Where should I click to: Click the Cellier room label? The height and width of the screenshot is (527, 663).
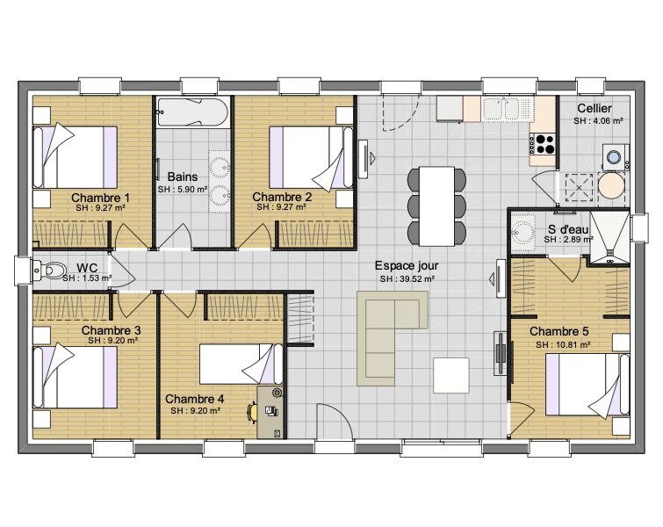[595, 108]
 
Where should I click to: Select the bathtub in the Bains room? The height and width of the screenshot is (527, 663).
[192, 112]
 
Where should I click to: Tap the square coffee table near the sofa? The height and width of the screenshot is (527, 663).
[450, 375]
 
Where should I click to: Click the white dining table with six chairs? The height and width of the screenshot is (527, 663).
[436, 206]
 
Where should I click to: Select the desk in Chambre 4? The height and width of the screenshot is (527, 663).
[270, 412]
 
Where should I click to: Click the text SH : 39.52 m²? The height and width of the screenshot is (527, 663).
[407, 278]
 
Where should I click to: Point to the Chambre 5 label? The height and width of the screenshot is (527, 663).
[559, 331]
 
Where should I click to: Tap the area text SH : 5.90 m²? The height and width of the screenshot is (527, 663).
[183, 190]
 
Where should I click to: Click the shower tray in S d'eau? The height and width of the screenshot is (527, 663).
[609, 237]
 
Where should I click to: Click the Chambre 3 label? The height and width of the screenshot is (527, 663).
[112, 330]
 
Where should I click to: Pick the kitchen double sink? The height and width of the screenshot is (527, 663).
[507, 109]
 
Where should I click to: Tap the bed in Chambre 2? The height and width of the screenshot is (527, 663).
[311, 157]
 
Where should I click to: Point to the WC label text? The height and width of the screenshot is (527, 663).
[87, 268]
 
